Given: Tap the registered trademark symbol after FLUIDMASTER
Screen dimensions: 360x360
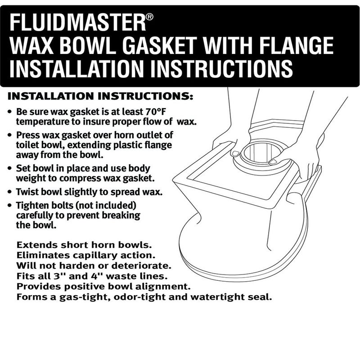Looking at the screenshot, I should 150,17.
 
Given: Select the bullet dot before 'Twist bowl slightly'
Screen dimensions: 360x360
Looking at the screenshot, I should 10,191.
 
